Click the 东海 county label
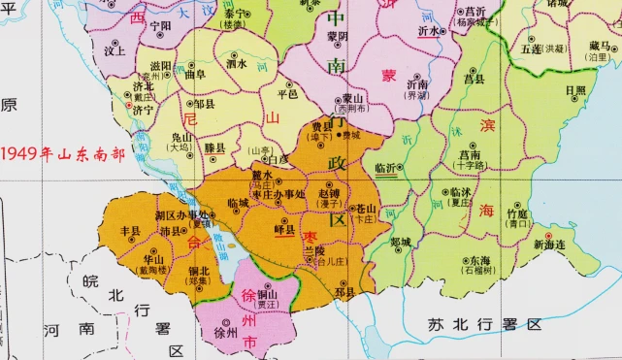click(x=478, y=261)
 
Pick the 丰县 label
click(x=130, y=231)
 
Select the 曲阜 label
click(x=195, y=74)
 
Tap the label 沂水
click(x=428, y=31)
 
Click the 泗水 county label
click(x=237, y=64)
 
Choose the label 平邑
click(x=288, y=95)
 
